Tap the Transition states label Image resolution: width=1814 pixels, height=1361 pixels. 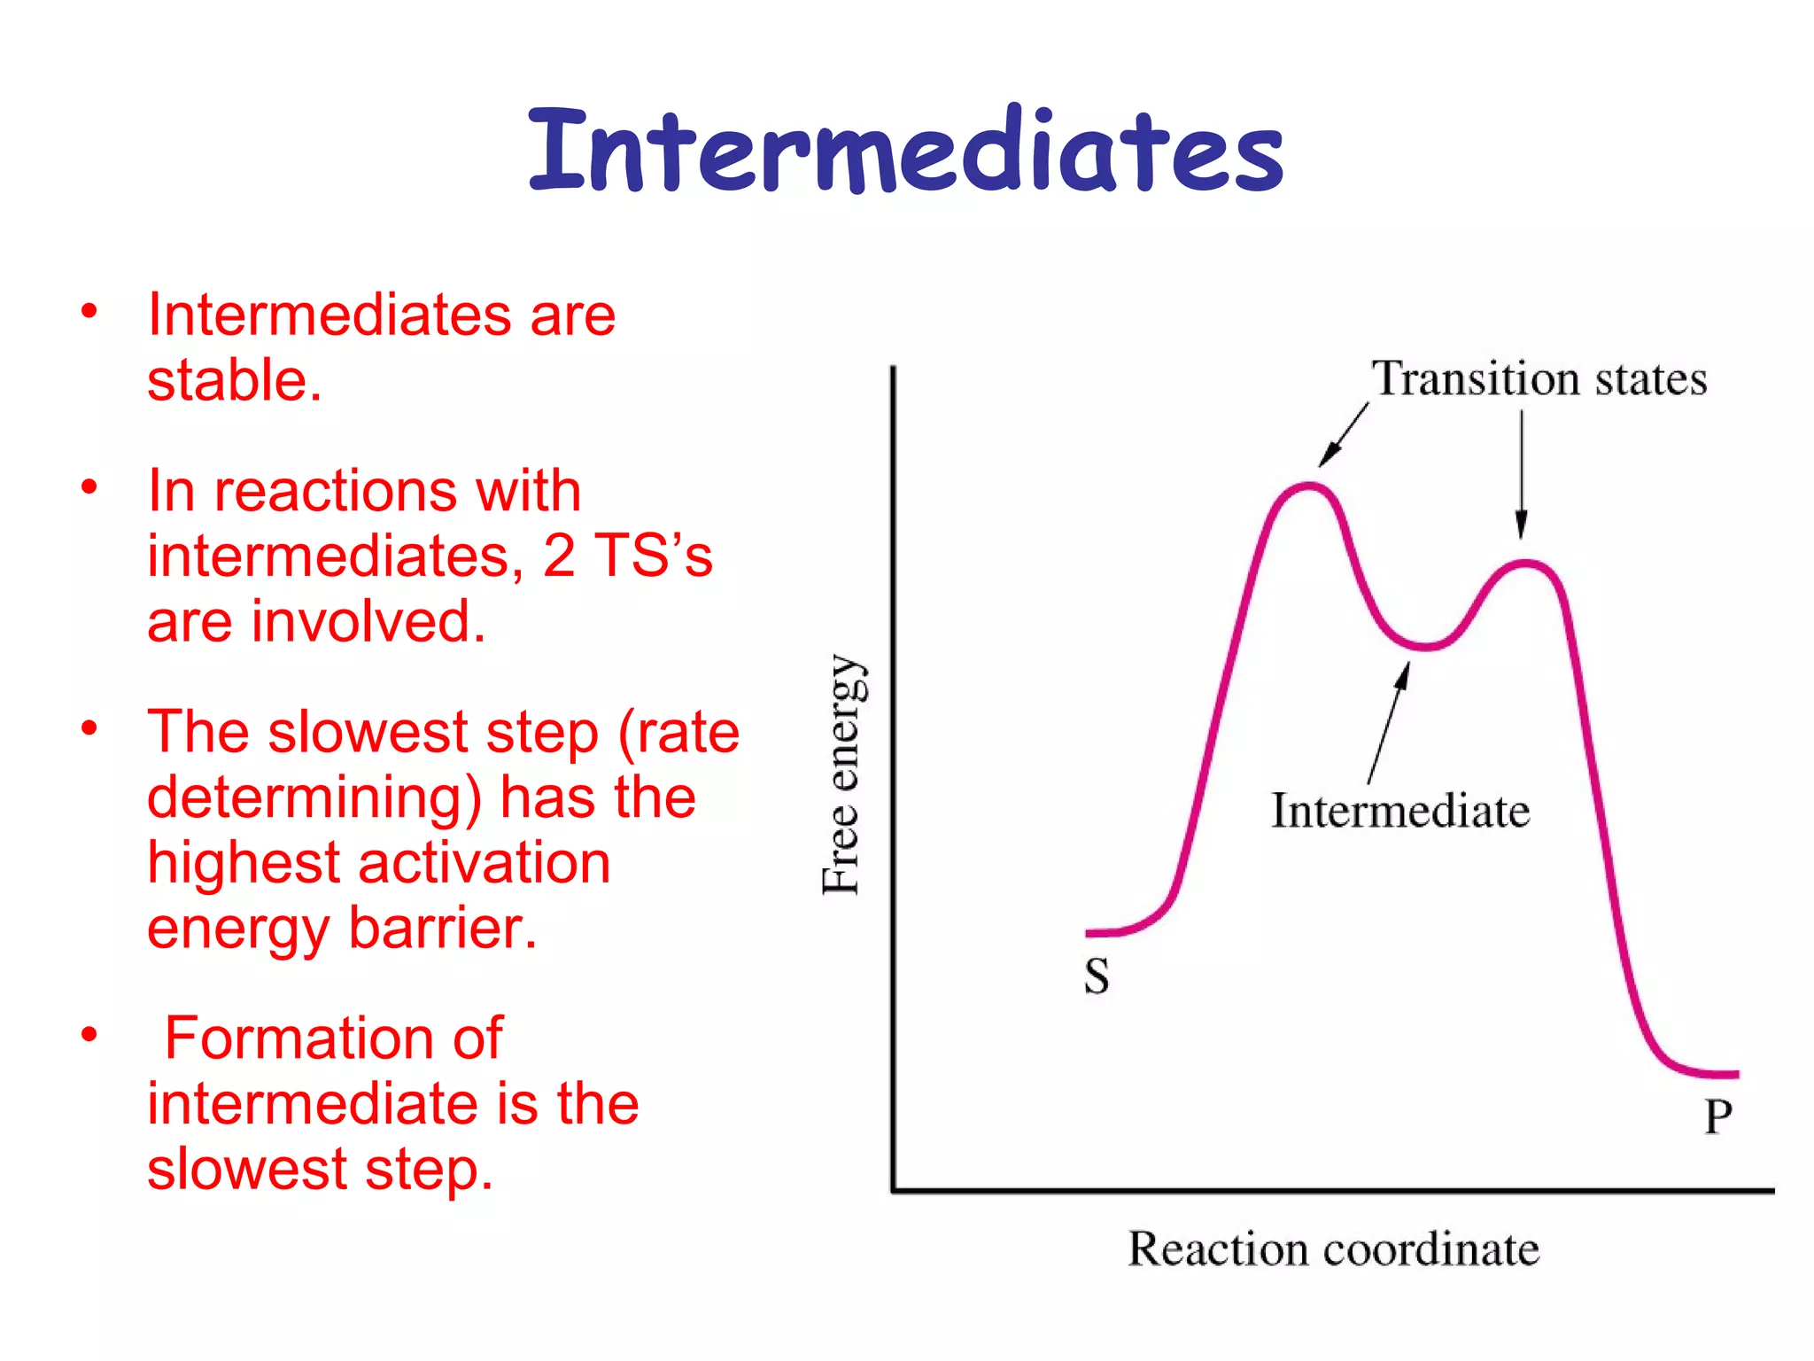tap(1539, 379)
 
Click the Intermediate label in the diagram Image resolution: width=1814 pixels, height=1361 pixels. tap(1400, 811)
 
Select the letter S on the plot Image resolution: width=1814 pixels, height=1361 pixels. tap(1097, 976)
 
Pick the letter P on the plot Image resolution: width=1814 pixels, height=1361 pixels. tap(1718, 1116)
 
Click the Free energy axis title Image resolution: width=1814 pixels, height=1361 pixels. tap(841, 775)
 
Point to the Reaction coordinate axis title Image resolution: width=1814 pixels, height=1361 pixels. tap(1333, 1250)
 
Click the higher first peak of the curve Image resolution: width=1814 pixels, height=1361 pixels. tap(1309, 486)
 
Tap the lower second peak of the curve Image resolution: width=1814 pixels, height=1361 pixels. tap(1524, 563)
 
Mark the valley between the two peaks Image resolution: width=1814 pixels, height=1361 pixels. tap(1424, 647)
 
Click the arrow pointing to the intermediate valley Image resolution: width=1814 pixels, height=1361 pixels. tap(1388, 722)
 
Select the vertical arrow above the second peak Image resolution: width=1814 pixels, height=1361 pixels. tap(1522, 474)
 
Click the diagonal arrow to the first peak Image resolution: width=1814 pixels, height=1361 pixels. tap(1344, 434)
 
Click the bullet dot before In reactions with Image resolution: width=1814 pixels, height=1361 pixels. tap(89, 487)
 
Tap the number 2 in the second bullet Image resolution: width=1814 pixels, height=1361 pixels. tap(559, 556)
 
